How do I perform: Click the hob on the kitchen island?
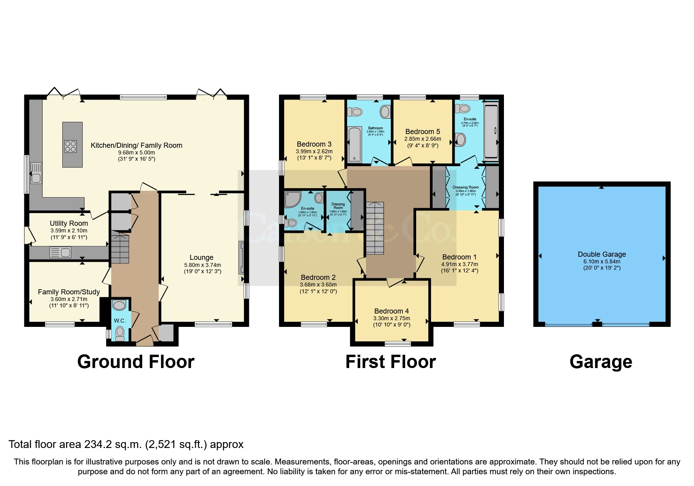click(71, 146)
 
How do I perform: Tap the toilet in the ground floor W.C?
click(120, 333)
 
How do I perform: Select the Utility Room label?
click(69, 223)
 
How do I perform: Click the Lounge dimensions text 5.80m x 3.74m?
click(203, 265)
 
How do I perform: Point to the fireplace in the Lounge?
click(241, 258)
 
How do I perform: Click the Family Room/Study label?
click(69, 292)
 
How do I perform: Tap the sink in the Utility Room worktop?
click(60, 252)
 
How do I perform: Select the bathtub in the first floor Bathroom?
click(355, 144)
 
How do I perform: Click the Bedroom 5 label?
click(422, 132)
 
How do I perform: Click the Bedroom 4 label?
click(391, 311)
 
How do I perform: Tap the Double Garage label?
click(602, 254)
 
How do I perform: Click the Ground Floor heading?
click(136, 362)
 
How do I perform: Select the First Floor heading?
click(390, 362)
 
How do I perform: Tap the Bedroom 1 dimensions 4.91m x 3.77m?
click(459, 264)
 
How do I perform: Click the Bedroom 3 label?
click(314, 144)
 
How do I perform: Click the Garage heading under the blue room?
click(600, 362)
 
